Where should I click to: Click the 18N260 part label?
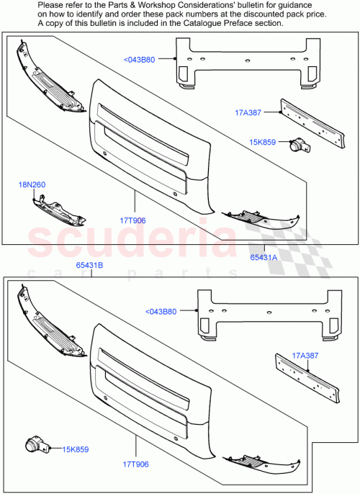32,185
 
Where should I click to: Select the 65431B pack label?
90,266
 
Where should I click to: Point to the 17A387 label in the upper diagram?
247,112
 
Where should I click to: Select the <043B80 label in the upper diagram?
140,60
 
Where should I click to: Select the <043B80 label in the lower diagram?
161,312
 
